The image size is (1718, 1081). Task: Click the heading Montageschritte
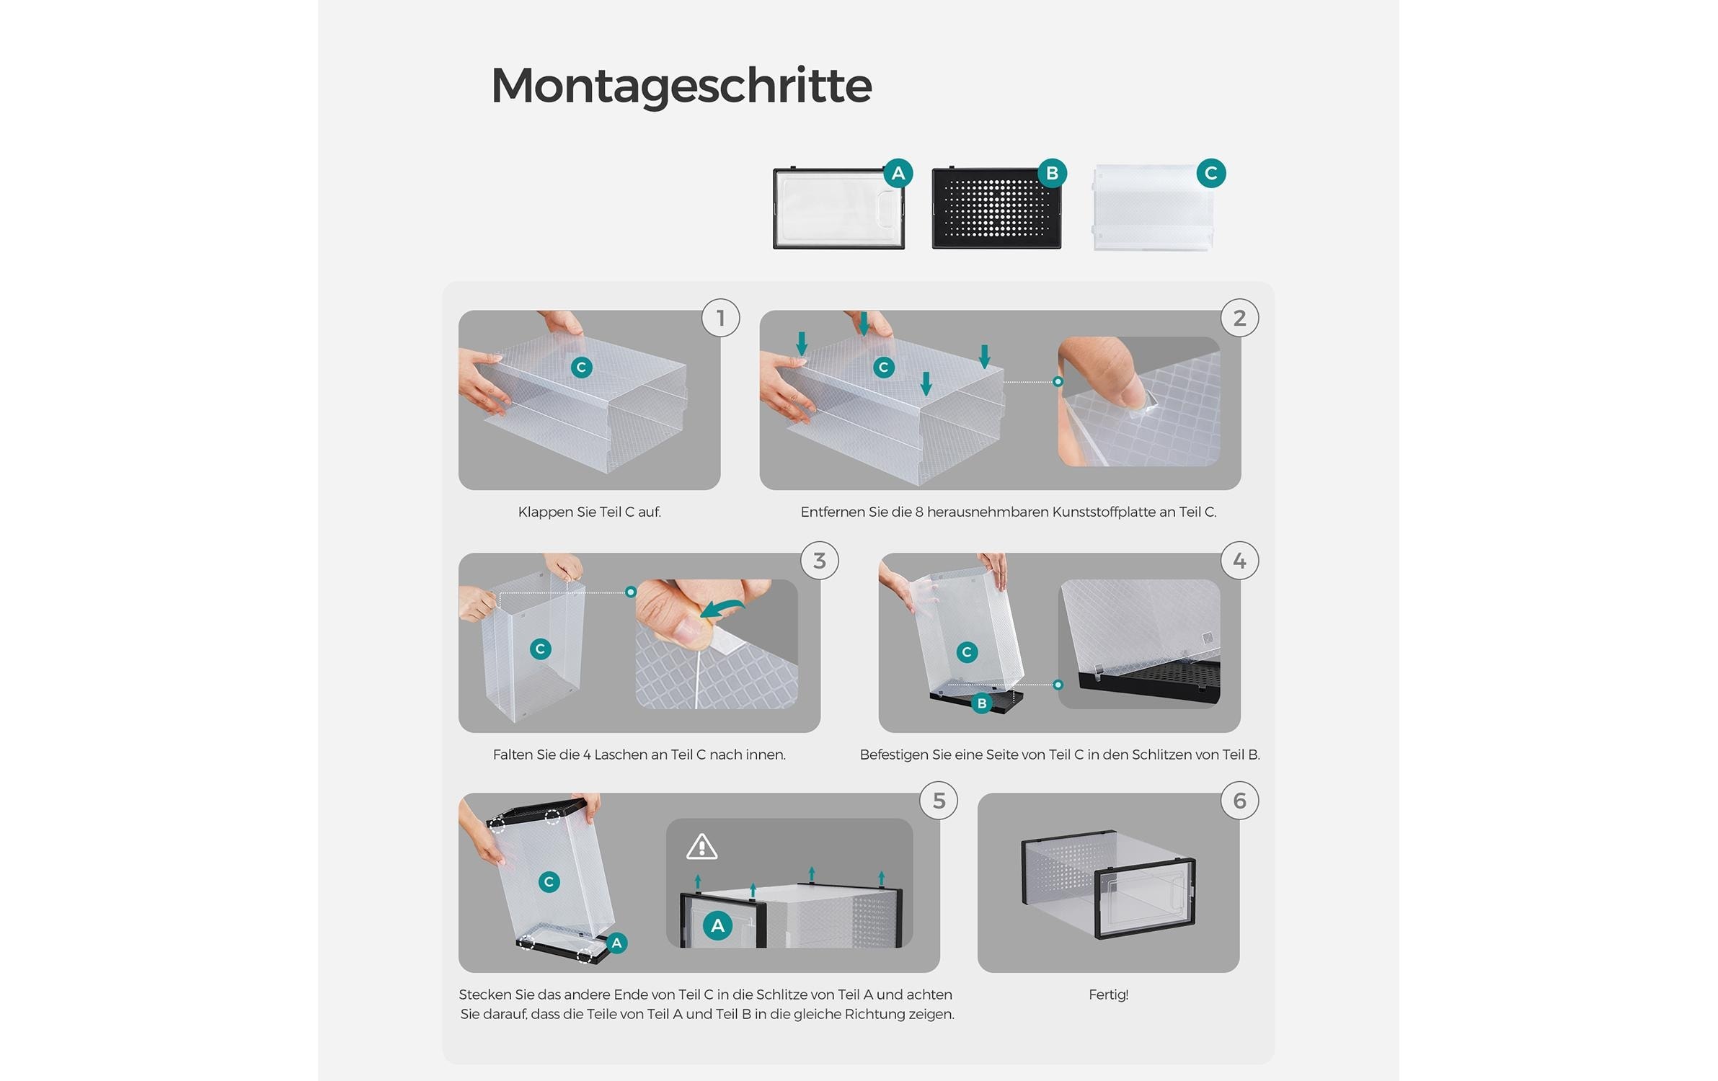(x=681, y=85)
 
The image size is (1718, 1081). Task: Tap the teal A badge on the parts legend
(x=898, y=174)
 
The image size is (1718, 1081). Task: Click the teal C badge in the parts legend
(x=1210, y=174)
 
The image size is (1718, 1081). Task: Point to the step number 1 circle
(x=720, y=318)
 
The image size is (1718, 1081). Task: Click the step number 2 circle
(x=1239, y=318)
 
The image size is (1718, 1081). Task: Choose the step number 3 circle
(x=819, y=561)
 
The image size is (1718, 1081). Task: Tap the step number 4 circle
(x=1239, y=561)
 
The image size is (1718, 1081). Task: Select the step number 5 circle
(x=938, y=801)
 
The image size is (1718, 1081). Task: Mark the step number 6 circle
(x=1239, y=801)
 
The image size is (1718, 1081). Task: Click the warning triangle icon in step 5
(x=701, y=848)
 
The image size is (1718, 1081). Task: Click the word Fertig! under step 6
(x=1108, y=995)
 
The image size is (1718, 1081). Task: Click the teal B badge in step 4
(x=981, y=703)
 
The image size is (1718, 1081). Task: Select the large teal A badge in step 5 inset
(x=717, y=926)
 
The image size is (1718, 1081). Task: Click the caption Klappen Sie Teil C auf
(x=589, y=512)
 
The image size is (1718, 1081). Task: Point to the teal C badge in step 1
(x=581, y=368)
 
